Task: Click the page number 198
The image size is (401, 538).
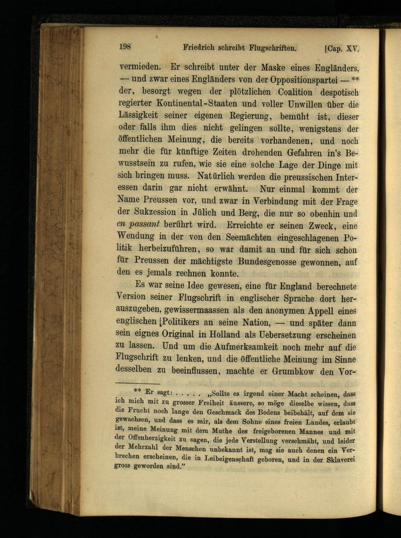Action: [x=125, y=46]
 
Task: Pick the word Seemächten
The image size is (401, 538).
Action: [x=243, y=237]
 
